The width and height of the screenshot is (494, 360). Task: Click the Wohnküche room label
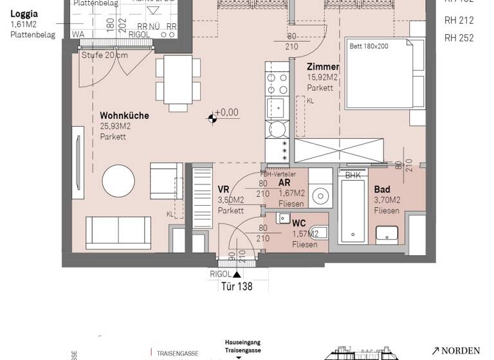click(124, 116)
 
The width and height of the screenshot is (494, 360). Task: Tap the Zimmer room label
click(322, 67)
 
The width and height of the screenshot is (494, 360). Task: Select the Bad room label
click(382, 190)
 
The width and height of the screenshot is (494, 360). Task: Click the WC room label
click(299, 224)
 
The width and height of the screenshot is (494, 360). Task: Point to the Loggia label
click(24, 14)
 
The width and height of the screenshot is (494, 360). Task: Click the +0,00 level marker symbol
click(212, 118)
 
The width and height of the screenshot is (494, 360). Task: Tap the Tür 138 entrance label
click(236, 287)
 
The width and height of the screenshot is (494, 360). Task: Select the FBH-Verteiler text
click(278, 174)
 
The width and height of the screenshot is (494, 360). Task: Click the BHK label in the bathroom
click(352, 175)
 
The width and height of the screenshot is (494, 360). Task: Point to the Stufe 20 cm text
click(104, 55)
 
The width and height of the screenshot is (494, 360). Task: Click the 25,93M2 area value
click(115, 126)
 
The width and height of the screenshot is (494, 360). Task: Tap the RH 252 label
click(459, 38)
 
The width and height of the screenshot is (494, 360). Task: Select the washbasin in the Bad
click(387, 232)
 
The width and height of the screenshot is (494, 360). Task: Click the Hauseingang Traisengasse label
click(242, 346)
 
